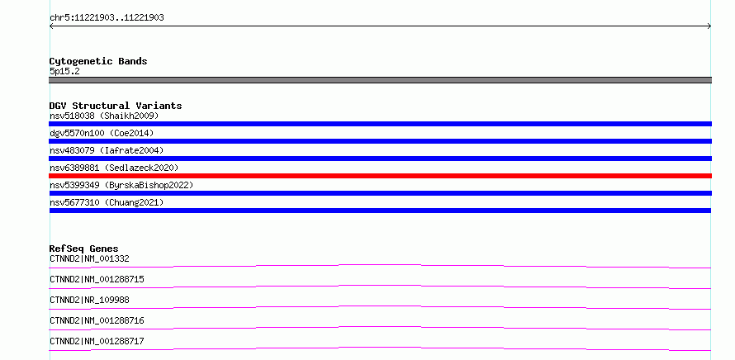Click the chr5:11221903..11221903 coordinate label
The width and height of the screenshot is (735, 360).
tap(107, 18)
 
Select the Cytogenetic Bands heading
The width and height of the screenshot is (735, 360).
tap(98, 61)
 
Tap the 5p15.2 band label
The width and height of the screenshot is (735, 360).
tap(64, 72)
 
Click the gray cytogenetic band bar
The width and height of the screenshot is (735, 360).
tap(380, 80)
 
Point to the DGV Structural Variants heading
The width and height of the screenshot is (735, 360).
tap(116, 106)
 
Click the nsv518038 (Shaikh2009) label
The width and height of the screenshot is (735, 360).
tap(104, 116)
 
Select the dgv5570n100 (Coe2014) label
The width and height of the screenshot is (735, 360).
tap(102, 133)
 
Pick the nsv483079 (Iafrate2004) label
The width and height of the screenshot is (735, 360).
tap(107, 150)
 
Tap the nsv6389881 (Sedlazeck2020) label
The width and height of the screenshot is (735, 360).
tap(114, 168)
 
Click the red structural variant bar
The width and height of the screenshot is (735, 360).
tap(380, 176)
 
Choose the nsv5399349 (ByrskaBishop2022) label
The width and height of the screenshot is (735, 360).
tap(121, 185)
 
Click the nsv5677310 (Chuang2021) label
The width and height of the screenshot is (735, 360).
tap(107, 202)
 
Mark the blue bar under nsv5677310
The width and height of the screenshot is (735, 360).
tap(380, 211)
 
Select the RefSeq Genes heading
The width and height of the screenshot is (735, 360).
tap(84, 249)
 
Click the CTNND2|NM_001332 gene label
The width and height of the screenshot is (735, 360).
tap(89, 258)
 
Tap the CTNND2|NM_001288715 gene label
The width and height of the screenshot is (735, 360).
tap(97, 279)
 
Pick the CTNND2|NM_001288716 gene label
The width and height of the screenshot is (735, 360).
tap(97, 320)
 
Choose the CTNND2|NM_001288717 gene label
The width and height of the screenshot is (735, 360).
tap(97, 341)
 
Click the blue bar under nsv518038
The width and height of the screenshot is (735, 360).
tap(380, 124)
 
